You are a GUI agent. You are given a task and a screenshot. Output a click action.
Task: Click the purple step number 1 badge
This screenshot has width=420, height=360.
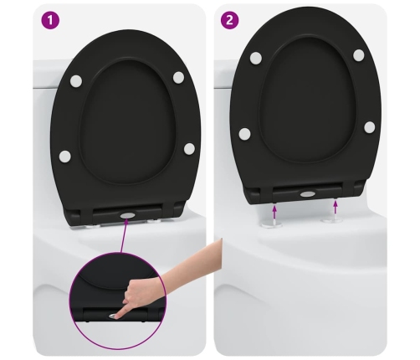[x=50, y=20]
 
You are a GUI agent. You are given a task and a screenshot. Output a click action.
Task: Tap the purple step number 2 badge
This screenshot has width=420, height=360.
[x=230, y=20]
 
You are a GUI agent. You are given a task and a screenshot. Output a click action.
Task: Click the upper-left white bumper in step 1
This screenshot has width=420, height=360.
[x=76, y=81]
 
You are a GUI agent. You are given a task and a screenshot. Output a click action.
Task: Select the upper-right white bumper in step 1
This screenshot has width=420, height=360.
[x=178, y=77]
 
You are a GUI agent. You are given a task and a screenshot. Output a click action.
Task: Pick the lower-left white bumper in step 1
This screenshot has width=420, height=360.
[x=65, y=157]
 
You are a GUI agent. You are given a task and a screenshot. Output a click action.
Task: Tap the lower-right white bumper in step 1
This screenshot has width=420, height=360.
[x=189, y=148]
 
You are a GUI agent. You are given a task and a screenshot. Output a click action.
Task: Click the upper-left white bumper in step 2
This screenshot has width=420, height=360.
[x=256, y=58]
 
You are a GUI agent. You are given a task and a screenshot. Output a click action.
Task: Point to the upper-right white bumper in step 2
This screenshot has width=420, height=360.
[x=359, y=55]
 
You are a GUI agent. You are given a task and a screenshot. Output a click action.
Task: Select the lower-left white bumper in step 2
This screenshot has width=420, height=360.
[x=244, y=134]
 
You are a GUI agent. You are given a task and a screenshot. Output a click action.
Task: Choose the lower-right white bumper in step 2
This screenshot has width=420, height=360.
[x=370, y=127]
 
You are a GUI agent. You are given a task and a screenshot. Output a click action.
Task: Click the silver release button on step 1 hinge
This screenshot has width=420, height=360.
[x=127, y=215]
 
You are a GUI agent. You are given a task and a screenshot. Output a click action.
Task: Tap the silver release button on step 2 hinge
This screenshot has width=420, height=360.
[x=308, y=193]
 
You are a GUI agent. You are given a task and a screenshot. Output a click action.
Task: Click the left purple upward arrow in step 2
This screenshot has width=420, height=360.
[x=274, y=212]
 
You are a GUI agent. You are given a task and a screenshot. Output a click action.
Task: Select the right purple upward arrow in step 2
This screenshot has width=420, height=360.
[x=335, y=208]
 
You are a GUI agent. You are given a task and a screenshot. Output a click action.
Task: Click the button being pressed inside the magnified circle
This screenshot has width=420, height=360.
[x=113, y=316]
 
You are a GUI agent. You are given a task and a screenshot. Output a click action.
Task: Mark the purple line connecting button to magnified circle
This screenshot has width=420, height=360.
[x=124, y=236]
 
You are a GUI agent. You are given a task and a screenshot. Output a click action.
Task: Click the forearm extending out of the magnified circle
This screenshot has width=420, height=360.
[x=192, y=261]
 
